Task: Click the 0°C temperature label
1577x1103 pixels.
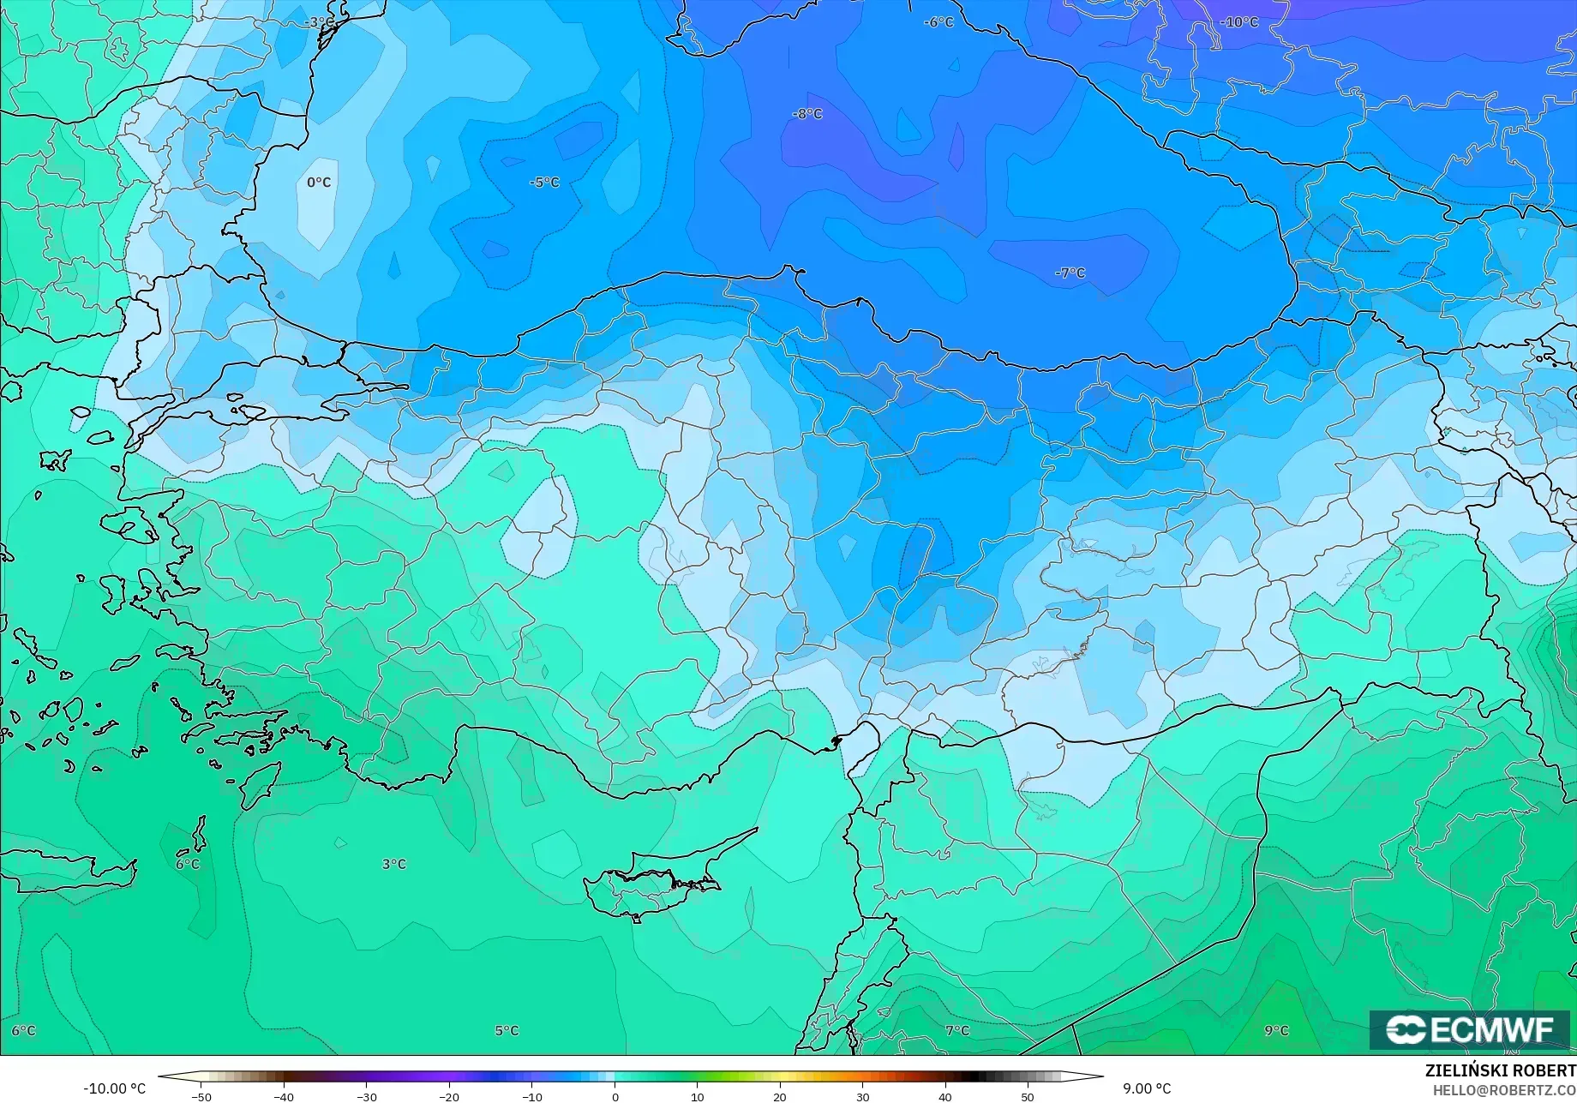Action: coord(319,183)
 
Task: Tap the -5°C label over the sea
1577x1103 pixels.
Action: coord(544,183)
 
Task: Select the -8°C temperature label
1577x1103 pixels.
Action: coord(807,114)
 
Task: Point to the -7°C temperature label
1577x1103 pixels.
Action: coord(1070,273)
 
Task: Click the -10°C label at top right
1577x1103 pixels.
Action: coord(1239,22)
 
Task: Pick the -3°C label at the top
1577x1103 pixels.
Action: coord(320,22)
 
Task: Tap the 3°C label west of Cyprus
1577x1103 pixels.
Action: coord(394,864)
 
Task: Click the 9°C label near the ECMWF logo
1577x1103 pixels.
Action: coord(1276,1030)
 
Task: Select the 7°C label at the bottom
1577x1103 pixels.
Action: coord(957,1030)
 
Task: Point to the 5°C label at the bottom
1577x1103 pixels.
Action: coord(507,1030)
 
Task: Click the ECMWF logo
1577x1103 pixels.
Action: coord(1469,1029)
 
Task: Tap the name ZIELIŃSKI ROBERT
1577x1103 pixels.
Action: coord(1500,1070)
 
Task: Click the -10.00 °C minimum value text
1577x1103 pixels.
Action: coord(114,1088)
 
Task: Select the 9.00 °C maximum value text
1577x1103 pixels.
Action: coord(1147,1088)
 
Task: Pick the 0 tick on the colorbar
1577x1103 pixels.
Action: coord(615,1097)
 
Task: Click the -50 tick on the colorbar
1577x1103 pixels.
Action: coord(201,1097)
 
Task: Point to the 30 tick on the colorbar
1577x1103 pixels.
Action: coord(862,1097)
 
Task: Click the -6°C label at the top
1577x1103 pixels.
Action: coord(938,22)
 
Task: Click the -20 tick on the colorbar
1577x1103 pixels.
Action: coord(449,1097)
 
